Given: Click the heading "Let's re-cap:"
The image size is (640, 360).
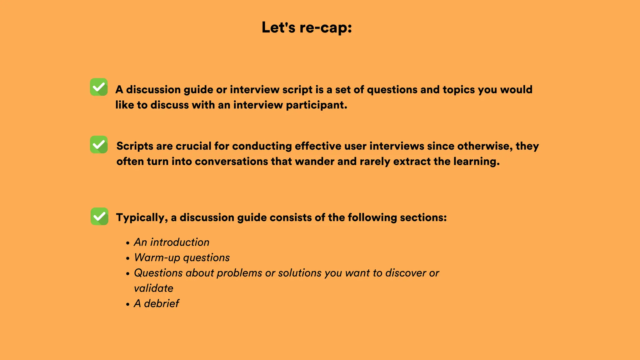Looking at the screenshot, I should (x=307, y=27).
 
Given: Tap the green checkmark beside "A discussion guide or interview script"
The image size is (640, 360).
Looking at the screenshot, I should (x=99, y=87).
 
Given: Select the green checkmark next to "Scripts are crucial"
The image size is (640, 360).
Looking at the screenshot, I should (x=99, y=144).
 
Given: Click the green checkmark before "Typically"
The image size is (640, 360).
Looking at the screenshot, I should (x=99, y=216).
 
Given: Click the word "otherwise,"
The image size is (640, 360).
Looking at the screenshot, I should (x=485, y=146).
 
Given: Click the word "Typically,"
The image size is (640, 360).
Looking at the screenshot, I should (x=142, y=218).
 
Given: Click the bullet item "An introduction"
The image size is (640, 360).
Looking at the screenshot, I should (x=172, y=242).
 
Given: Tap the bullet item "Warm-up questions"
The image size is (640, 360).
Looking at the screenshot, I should (x=182, y=257).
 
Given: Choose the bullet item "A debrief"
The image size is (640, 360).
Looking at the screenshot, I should (x=156, y=303).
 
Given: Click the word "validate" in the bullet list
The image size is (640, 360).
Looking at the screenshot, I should (x=153, y=288).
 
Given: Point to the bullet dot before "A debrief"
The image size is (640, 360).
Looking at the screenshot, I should (x=128, y=304).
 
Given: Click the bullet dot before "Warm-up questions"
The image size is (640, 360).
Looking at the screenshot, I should (x=128, y=258).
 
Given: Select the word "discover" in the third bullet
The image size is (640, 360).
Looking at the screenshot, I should (x=405, y=273).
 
